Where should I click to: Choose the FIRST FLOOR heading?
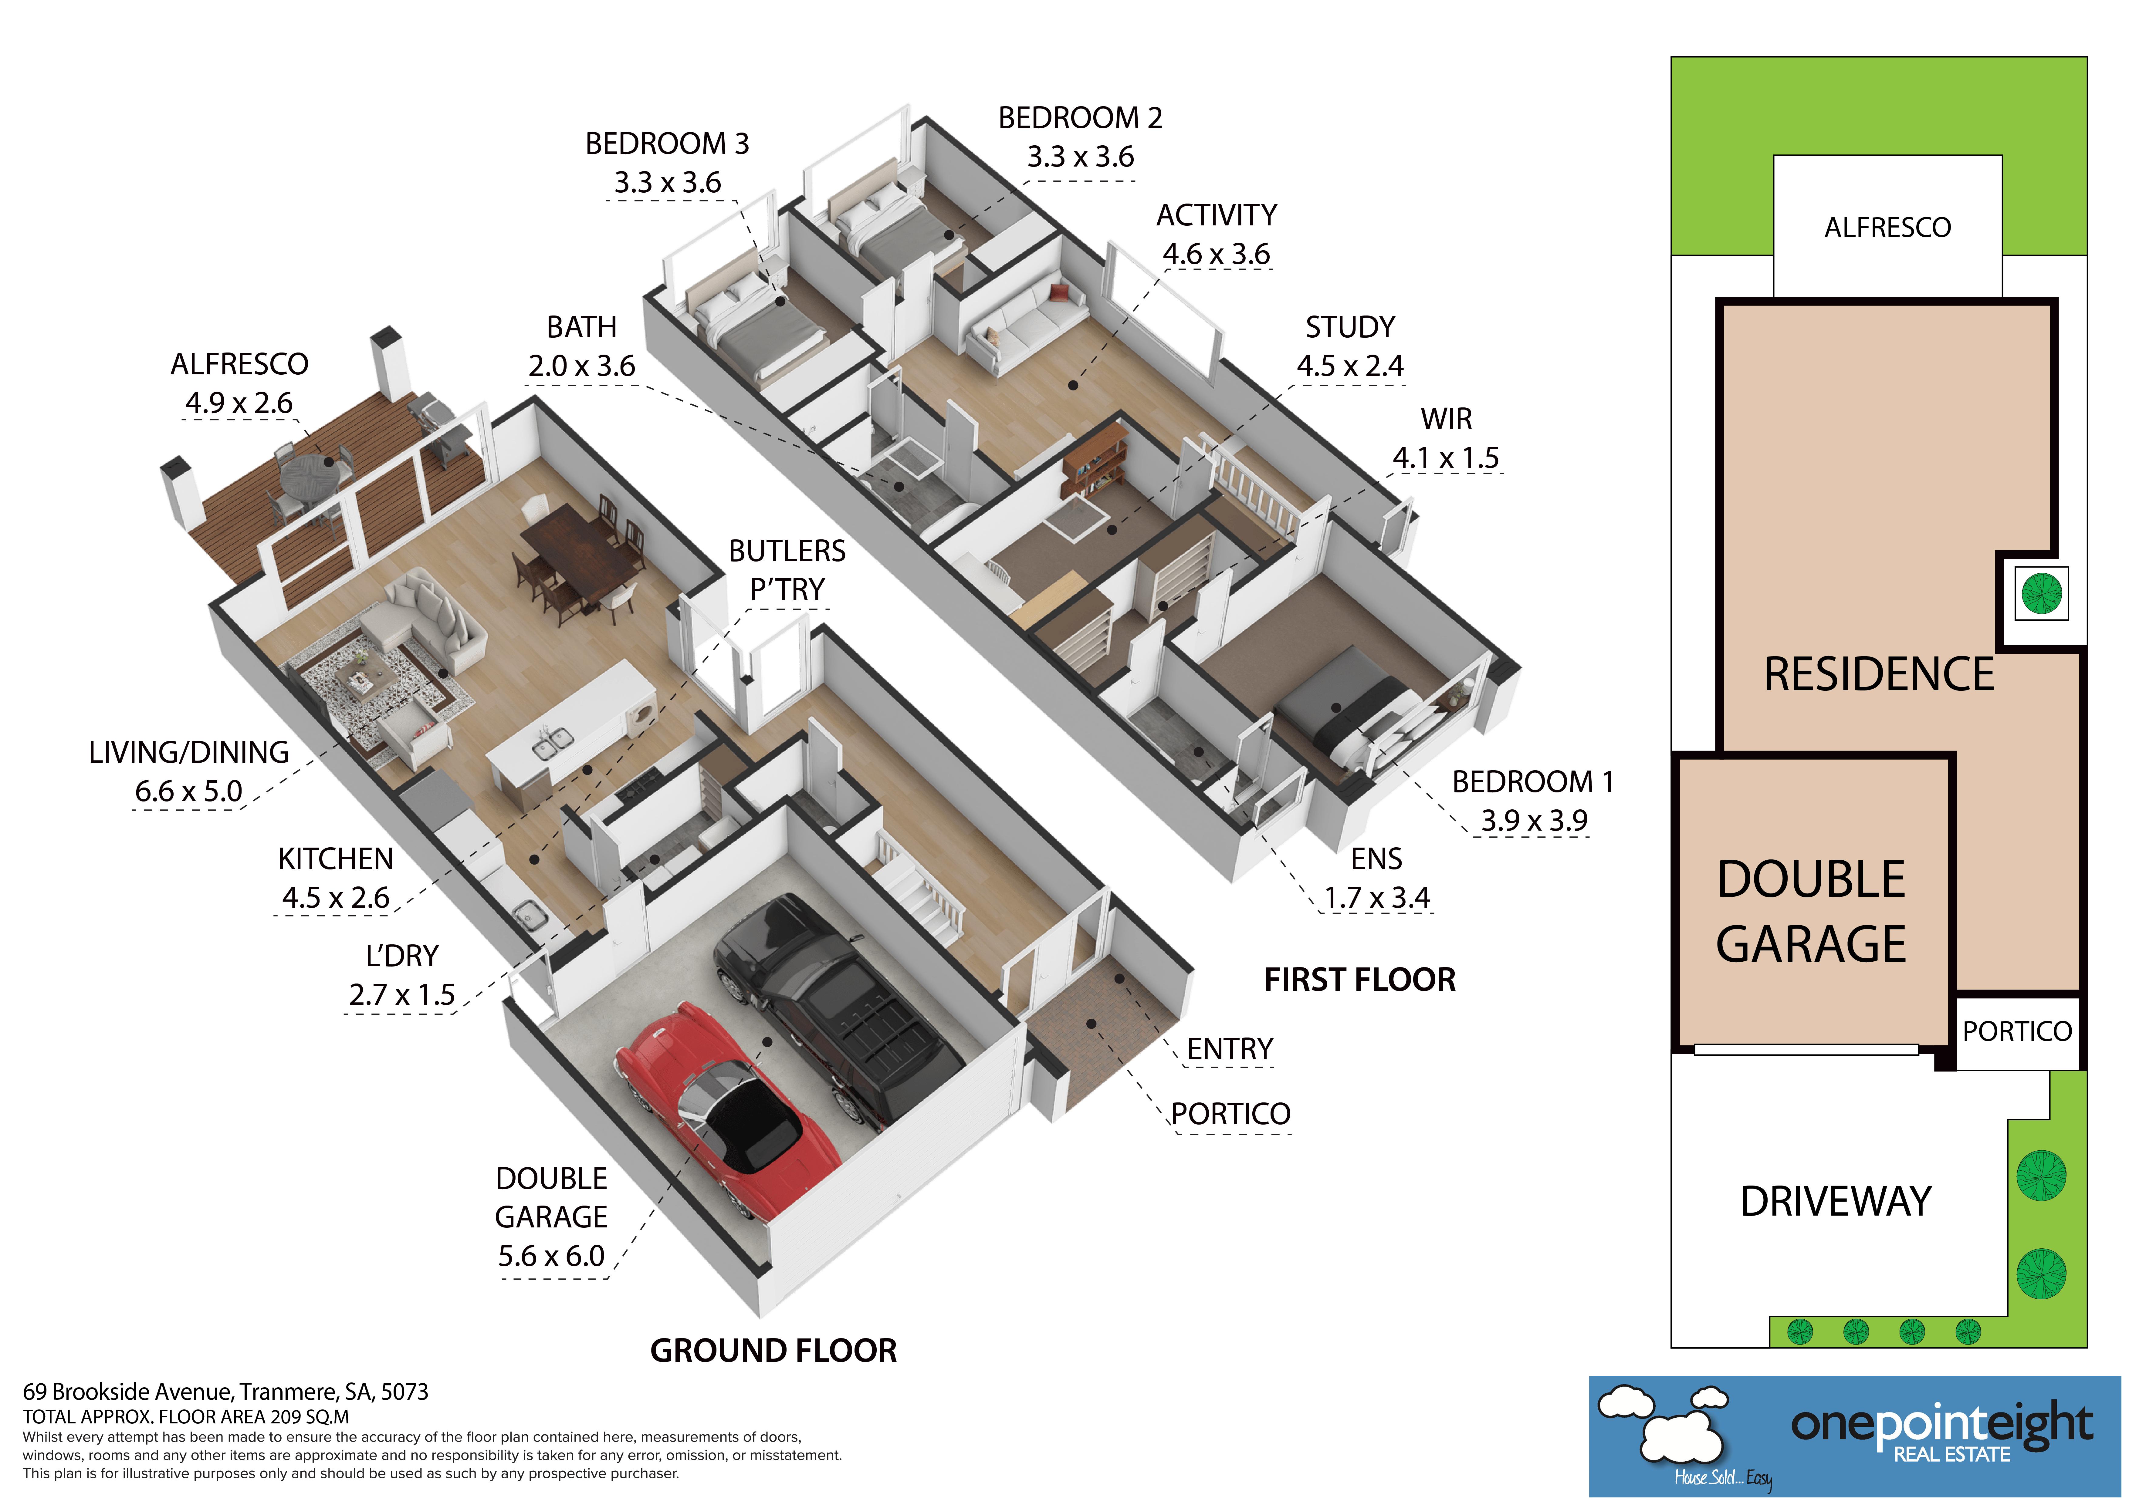(1359, 979)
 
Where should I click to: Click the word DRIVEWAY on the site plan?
(1835, 1201)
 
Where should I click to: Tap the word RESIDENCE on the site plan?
(1879, 674)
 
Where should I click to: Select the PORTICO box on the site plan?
(2017, 1031)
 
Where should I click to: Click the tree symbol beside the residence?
(2041, 592)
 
